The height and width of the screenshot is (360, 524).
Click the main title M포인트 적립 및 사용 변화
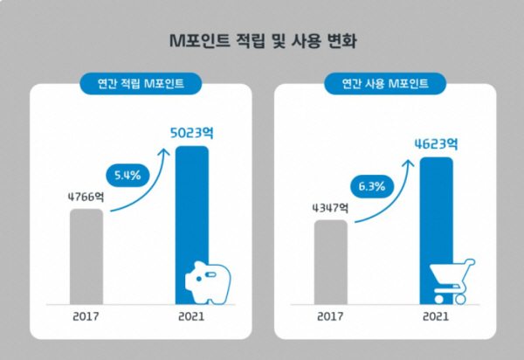click(x=262, y=41)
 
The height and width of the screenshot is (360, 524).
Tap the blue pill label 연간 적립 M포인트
click(x=141, y=85)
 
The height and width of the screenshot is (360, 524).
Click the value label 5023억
click(x=193, y=132)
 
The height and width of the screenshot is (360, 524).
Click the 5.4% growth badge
click(x=128, y=173)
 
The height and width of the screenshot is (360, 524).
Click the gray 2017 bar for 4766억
click(x=86, y=253)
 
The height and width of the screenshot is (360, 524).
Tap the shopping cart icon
click(x=452, y=280)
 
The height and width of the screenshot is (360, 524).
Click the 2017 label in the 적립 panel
click(x=86, y=317)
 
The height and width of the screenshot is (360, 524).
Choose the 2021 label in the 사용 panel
click(x=436, y=317)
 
